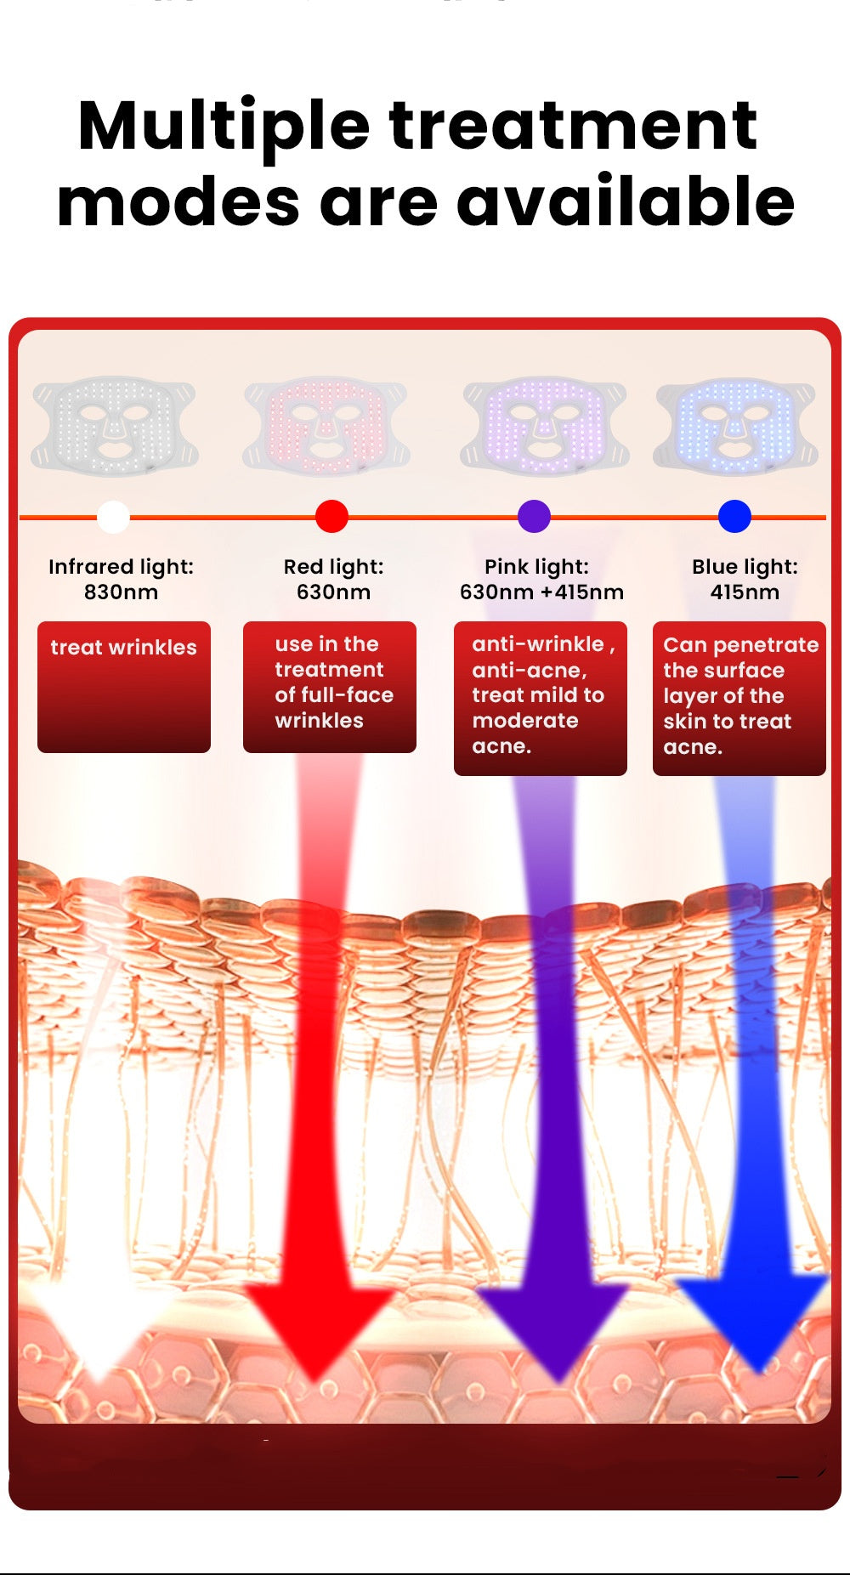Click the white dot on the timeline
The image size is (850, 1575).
point(113,516)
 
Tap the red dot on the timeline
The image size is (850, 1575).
point(331,516)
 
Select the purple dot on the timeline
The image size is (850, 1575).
point(534,516)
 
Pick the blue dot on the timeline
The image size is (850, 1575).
point(734,516)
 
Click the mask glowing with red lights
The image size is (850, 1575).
point(326,425)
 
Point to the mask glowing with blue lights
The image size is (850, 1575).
point(736,425)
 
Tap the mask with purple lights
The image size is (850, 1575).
point(545,425)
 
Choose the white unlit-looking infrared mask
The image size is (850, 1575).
point(115,425)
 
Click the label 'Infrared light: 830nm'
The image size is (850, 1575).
point(121,579)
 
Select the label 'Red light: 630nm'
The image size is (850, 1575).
point(333,579)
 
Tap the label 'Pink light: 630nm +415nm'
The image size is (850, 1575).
point(541,579)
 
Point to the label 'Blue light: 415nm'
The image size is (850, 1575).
point(745,579)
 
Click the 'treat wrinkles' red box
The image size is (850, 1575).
point(124,687)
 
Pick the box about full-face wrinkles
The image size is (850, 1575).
point(330,687)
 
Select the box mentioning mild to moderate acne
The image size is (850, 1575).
point(541,698)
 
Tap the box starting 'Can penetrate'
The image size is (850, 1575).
point(739,698)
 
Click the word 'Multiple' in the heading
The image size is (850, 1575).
point(223,126)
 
